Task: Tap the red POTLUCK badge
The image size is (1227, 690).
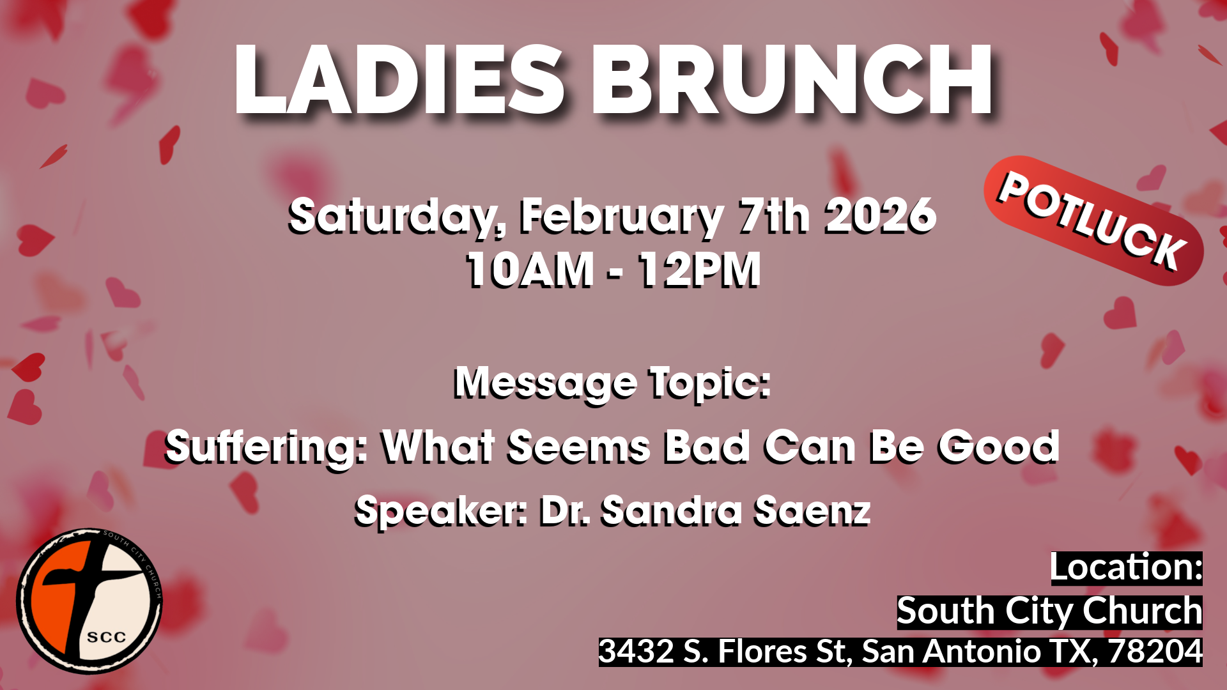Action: [x=1093, y=220]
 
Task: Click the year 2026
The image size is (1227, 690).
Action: [x=881, y=216]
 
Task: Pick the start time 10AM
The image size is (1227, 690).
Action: [x=530, y=270]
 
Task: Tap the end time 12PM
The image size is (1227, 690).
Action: [x=699, y=270]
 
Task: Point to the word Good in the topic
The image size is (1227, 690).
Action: [x=998, y=446]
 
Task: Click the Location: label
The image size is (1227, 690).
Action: [x=1126, y=568]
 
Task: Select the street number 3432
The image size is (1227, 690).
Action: [x=636, y=652]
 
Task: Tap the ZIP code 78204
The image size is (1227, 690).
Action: [x=1155, y=652]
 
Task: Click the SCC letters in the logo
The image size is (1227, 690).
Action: [x=106, y=637]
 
